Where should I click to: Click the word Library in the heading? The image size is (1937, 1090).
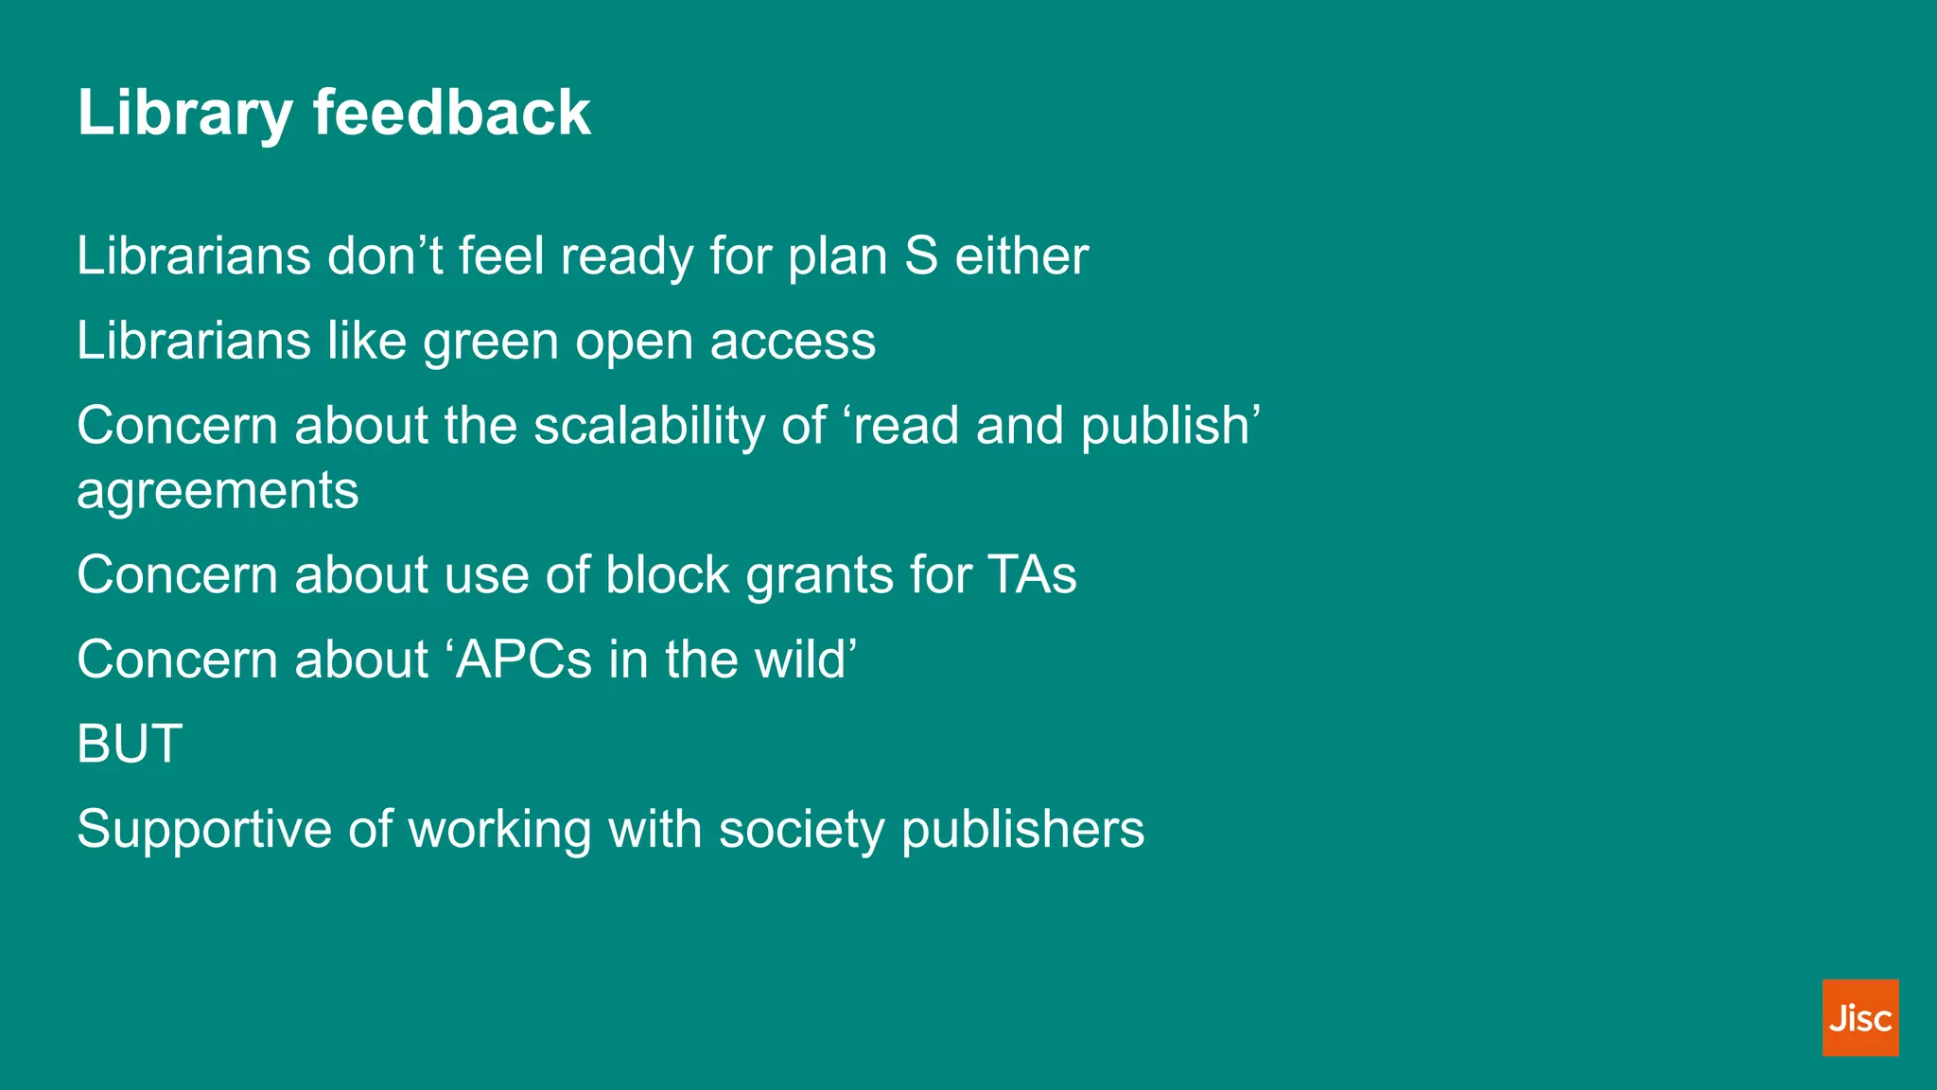coord(184,114)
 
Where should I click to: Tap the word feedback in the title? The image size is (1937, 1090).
coord(451,114)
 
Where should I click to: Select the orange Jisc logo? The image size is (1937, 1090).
coord(1859,1017)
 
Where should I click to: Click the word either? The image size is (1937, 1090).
coord(1021,256)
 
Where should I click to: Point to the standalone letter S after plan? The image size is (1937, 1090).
coord(920,256)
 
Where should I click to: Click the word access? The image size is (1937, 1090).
coord(793,343)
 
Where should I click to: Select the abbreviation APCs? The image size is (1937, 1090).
coord(524,659)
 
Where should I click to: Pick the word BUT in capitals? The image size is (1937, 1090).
coord(130,744)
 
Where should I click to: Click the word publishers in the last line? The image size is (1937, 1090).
coord(1022,830)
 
